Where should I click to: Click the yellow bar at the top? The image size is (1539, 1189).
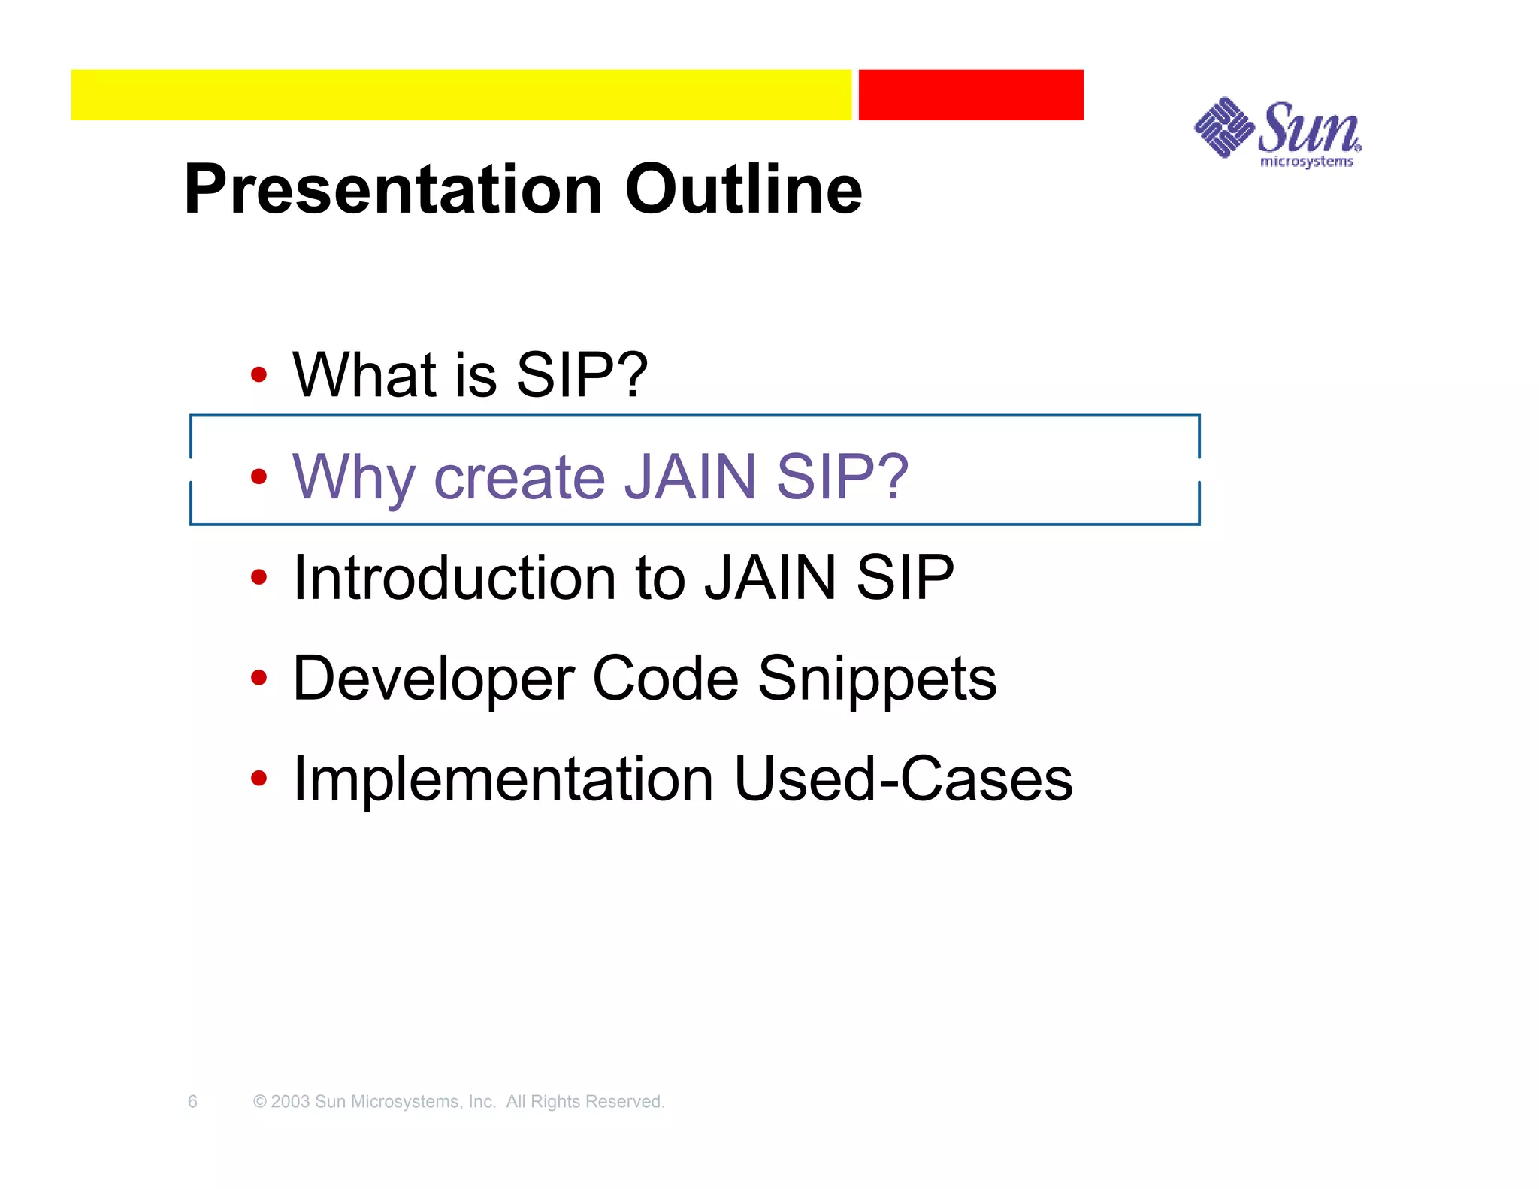pos(461,95)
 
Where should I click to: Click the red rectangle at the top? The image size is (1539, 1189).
pos(970,95)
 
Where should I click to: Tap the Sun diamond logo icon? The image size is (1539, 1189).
pos(1223,128)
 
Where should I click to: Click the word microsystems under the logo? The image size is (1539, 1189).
pos(1306,162)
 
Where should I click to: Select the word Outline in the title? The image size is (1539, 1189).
pos(743,189)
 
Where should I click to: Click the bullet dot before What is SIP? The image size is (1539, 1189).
pos(259,374)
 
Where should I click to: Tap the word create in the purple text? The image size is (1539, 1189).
pos(519,478)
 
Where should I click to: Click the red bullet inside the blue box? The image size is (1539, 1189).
pos(259,476)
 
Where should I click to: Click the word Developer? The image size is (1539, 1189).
pos(432,679)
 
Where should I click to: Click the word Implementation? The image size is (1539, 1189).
pos(503,779)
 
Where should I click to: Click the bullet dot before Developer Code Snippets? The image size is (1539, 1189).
pos(259,678)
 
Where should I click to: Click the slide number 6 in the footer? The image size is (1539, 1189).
pos(192,1102)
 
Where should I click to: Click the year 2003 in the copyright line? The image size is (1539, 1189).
pos(290,1102)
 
